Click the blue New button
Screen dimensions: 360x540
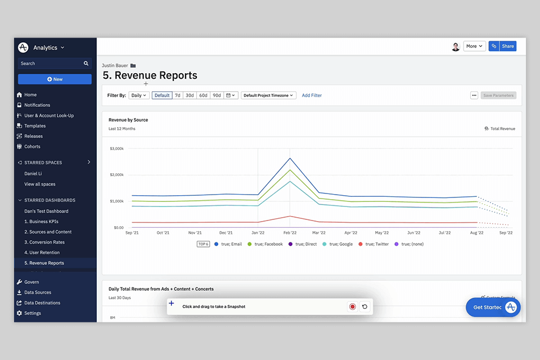tap(55, 79)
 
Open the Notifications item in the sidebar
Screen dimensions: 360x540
tap(37, 105)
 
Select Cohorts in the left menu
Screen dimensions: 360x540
tap(32, 146)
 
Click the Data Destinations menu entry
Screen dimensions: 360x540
tap(42, 303)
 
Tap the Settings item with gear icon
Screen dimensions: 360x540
tap(33, 313)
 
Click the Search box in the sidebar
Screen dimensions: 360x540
tap(51, 64)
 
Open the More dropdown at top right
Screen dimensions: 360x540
tap(474, 46)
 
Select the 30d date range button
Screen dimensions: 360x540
tap(190, 96)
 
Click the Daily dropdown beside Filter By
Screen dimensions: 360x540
tap(139, 96)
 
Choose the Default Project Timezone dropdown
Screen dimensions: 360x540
tap(268, 96)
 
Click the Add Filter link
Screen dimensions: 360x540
tap(312, 96)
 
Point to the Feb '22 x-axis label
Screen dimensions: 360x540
tap(290, 232)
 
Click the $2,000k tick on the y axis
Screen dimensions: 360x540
tap(116, 175)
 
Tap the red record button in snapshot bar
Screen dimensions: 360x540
tap(352, 307)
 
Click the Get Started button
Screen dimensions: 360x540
tap(487, 307)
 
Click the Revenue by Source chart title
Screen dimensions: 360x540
tap(128, 120)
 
